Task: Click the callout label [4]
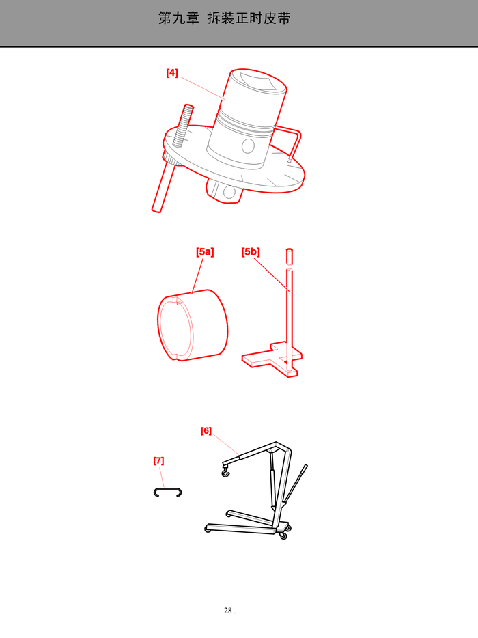[x=172, y=73]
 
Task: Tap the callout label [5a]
[x=205, y=252]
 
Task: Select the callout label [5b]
[x=250, y=252]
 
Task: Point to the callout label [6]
[x=206, y=430]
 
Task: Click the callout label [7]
[x=158, y=460]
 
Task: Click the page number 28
[x=228, y=610]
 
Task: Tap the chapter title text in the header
[x=224, y=18]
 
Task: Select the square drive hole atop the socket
[x=259, y=81]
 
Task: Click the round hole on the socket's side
[x=248, y=146]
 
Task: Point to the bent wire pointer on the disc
[x=290, y=142]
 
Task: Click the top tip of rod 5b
[x=290, y=249]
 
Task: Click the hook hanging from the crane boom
[x=225, y=473]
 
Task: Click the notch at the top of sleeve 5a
[x=177, y=301]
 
